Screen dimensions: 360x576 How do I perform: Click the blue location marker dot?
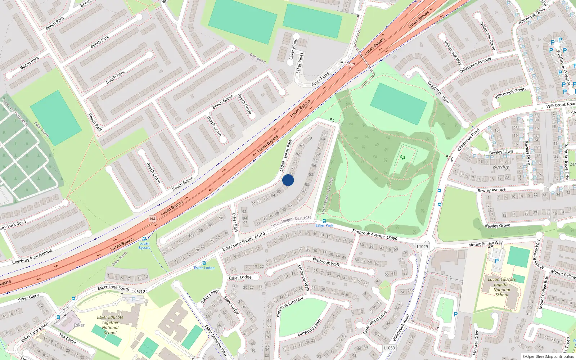click(x=288, y=180)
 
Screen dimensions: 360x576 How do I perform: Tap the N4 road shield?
click(x=153, y=219)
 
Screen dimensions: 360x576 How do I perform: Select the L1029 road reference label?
click(x=422, y=247)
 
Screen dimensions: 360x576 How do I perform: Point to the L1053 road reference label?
click(x=389, y=348)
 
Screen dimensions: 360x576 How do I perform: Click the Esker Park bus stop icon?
click(x=324, y=221)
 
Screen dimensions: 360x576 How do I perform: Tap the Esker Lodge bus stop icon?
click(x=204, y=263)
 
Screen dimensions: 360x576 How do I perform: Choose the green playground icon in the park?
click(x=402, y=157)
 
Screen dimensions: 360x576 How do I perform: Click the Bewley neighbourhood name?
click(x=501, y=167)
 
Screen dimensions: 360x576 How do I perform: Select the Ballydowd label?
click(x=258, y=58)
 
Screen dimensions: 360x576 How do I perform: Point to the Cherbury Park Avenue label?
click(x=32, y=256)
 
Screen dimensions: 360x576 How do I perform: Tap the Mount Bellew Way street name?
click(x=485, y=244)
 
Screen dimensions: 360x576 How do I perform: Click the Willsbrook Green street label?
click(x=510, y=93)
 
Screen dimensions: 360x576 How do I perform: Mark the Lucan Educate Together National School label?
click(x=502, y=287)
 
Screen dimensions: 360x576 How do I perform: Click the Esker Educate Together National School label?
click(x=110, y=325)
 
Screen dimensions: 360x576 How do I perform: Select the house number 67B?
click(x=309, y=138)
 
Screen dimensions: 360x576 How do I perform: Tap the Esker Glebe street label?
click(x=29, y=298)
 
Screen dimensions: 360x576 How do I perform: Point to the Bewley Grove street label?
click(x=498, y=226)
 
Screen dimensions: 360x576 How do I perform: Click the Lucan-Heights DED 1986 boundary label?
click(x=291, y=221)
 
